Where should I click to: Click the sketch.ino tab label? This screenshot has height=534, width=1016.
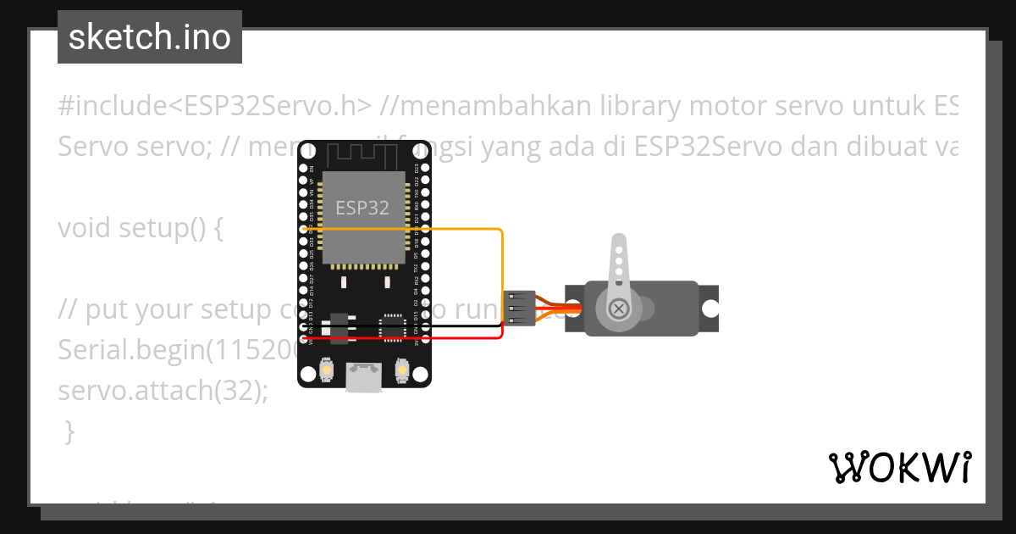click(x=150, y=37)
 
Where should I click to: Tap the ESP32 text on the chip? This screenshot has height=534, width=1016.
click(x=362, y=208)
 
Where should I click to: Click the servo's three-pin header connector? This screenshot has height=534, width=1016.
click(x=519, y=309)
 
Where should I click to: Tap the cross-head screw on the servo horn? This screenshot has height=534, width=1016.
click(x=619, y=308)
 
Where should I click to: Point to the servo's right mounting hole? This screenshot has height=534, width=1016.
click(x=710, y=308)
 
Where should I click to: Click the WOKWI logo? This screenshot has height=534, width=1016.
click(x=899, y=467)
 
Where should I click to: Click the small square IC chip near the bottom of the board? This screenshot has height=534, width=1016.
click(x=392, y=327)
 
